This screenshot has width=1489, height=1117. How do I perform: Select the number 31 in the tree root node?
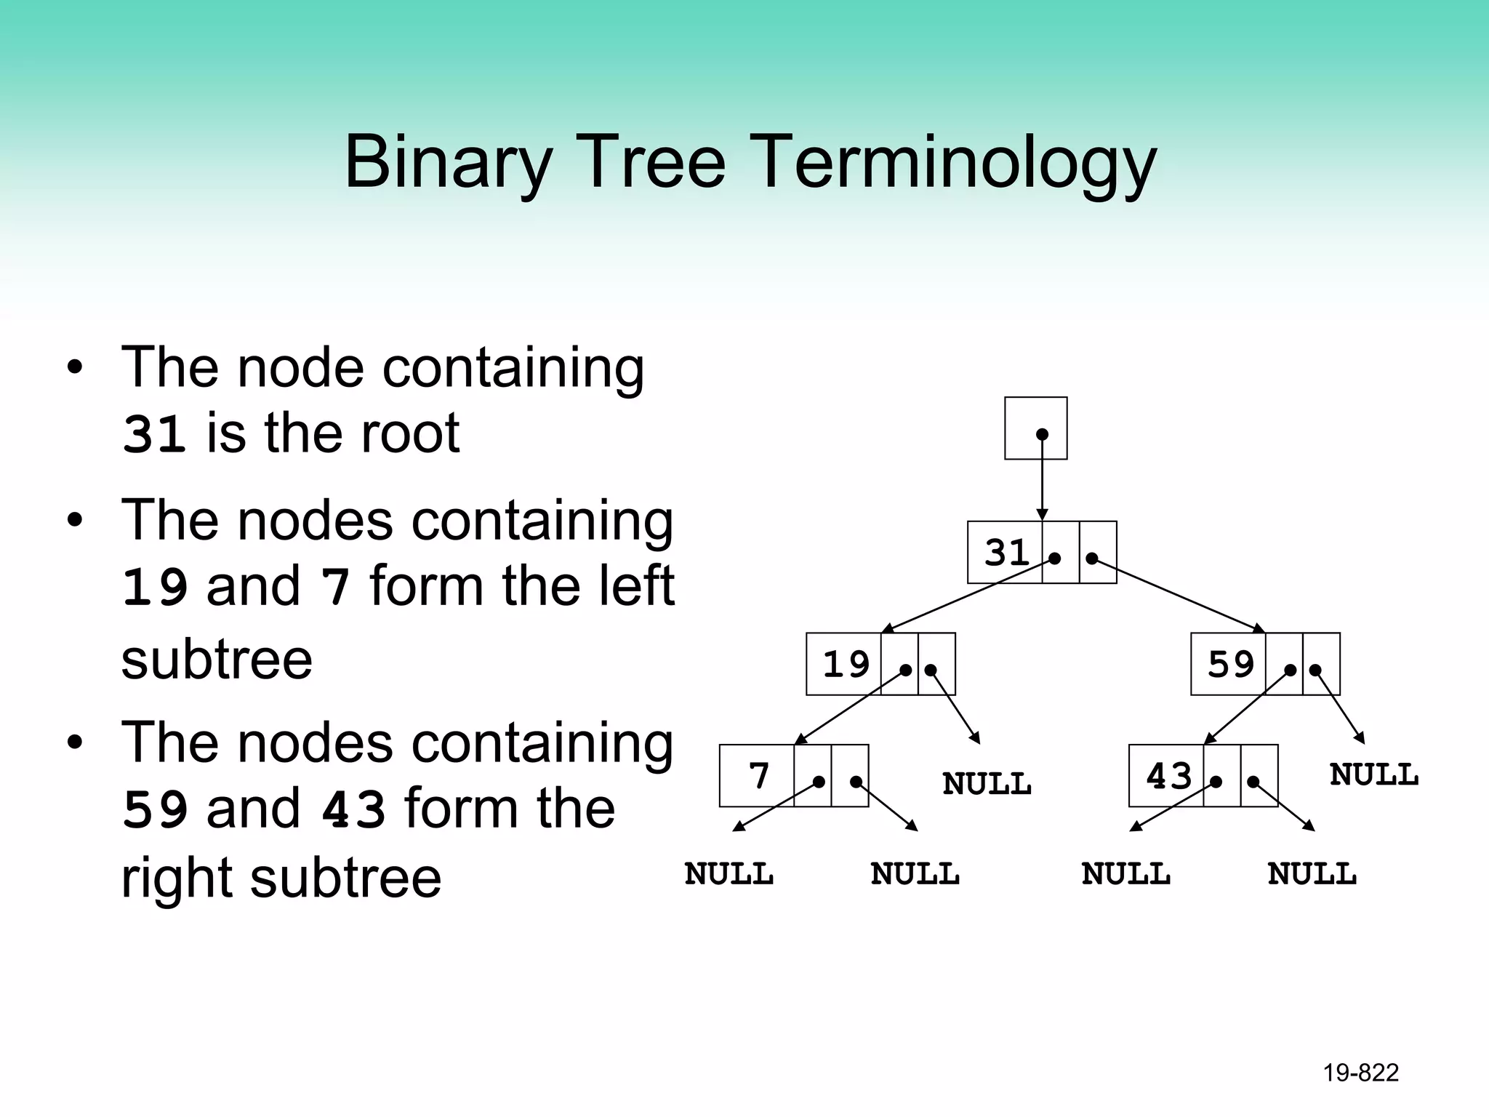click(1006, 553)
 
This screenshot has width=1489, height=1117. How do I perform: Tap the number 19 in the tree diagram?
click(846, 665)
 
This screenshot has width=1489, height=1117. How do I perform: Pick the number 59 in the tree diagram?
click(1230, 665)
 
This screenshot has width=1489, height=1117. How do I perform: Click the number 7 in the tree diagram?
click(758, 776)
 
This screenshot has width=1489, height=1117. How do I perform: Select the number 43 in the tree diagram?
click(1168, 776)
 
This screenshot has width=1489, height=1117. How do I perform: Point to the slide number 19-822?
click(1360, 1073)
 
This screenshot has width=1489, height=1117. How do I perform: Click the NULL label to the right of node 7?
click(987, 784)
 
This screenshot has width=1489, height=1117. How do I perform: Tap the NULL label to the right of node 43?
click(1373, 774)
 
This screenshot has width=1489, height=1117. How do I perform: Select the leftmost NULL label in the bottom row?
click(729, 874)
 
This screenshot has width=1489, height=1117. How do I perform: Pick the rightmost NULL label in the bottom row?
click(1312, 874)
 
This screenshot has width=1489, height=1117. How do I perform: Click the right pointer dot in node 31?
click(1091, 558)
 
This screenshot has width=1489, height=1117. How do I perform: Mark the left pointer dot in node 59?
click(1290, 670)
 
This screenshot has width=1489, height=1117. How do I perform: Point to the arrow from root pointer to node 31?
click(1042, 480)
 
